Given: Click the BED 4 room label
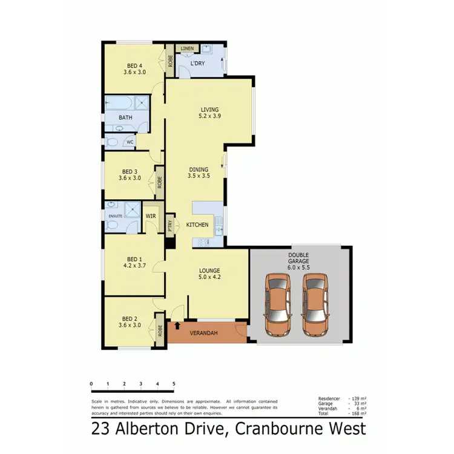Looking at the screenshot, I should tap(134, 65).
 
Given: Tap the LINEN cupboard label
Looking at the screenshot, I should tap(187, 48).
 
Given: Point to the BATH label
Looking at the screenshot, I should tap(125, 117).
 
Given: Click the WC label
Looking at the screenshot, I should tap(129, 142).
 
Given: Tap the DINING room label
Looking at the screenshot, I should tap(199, 169).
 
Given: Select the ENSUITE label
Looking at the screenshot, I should tap(115, 215).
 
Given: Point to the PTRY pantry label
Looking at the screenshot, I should tap(170, 226).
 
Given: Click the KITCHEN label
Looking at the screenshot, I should tap(197, 225).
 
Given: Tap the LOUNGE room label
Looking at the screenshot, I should tap(209, 271).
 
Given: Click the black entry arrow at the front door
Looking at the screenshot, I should tap(177, 326).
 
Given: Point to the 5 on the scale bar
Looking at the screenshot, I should tap(174, 384).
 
